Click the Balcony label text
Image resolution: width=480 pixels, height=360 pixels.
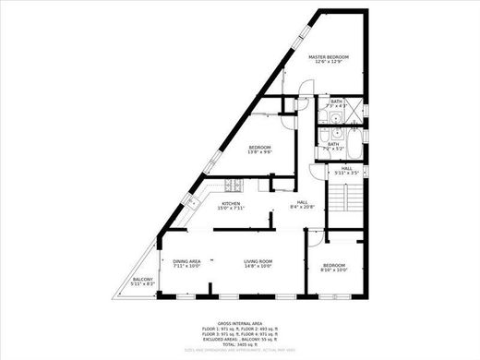click(x=142, y=282)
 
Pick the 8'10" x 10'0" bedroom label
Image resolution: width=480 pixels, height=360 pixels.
click(x=333, y=268)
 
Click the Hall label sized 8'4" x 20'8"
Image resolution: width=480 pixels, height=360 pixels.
click(x=302, y=205)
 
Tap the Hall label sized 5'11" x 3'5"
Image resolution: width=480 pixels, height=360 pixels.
click(x=345, y=170)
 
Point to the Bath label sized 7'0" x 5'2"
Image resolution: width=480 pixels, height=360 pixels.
click(x=333, y=145)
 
